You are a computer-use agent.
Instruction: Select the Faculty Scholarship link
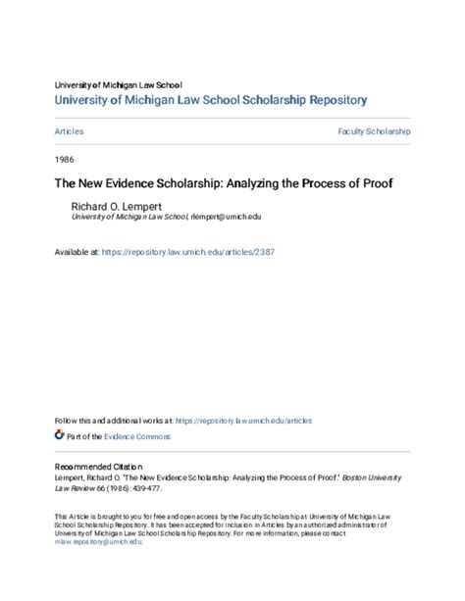(374, 130)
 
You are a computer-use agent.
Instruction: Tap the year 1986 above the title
(65, 157)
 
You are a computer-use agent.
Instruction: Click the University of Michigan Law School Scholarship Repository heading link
(211, 99)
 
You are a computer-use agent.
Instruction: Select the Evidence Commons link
(137, 436)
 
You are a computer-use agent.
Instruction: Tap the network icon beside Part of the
(59, 435)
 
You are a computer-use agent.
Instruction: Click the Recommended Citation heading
(98, 467)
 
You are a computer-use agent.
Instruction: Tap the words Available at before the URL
(77, 252)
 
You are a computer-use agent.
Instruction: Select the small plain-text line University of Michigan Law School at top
(118, 84)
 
